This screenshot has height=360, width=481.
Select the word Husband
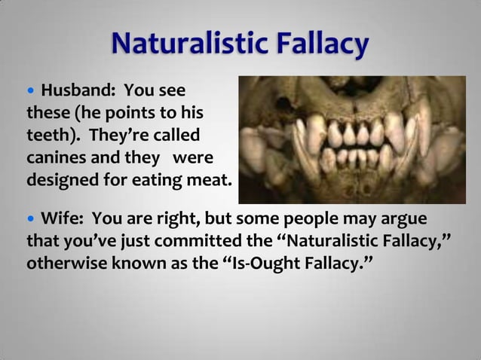(75, 93)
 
